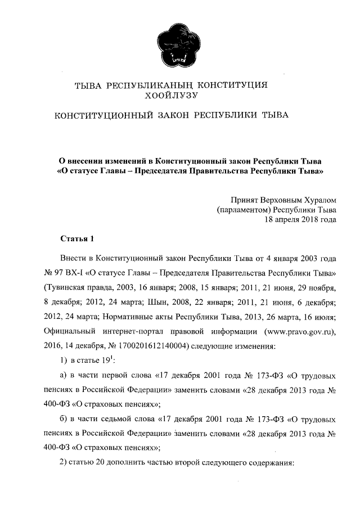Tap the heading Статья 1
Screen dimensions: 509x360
click(x=76, y=240)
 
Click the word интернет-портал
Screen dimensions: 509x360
click(x=134, y=331)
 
